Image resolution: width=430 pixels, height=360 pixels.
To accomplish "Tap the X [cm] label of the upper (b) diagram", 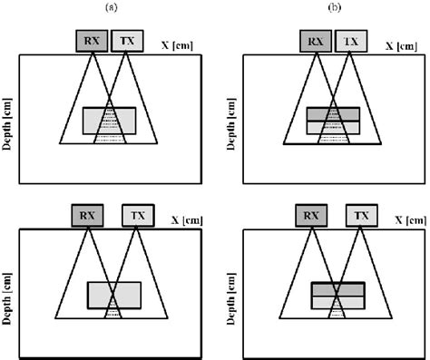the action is (401, 44).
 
